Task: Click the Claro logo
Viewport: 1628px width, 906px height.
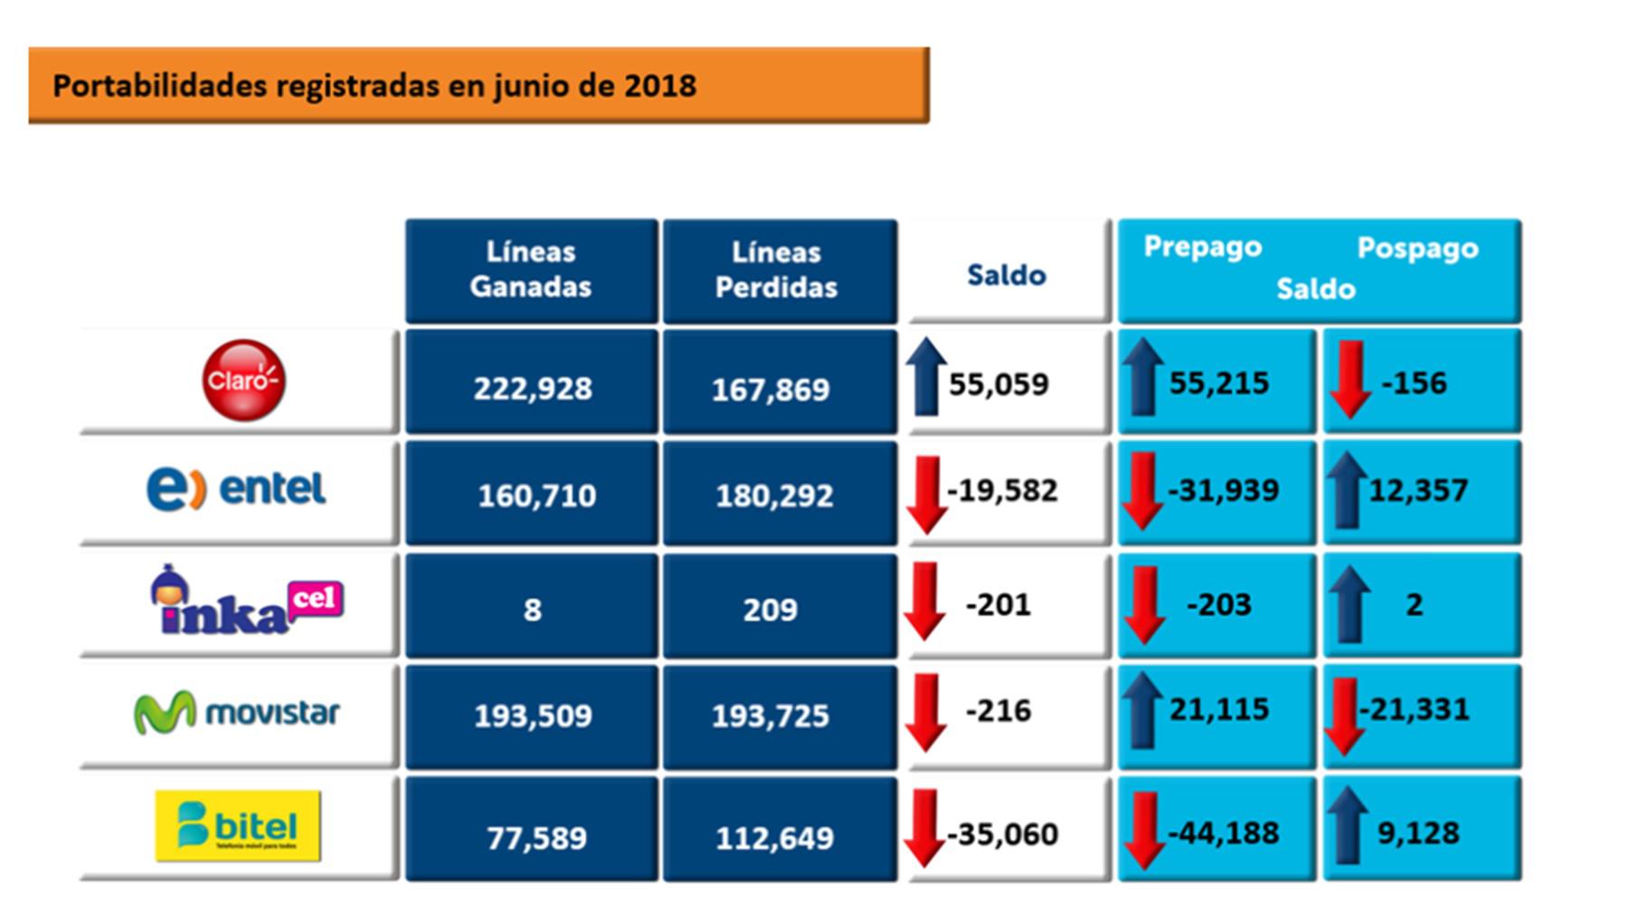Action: pos(242,381)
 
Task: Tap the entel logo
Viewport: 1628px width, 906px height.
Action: pos(237,489)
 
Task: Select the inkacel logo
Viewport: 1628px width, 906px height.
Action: pos(246,601)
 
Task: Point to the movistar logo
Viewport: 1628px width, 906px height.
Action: pos(237,713)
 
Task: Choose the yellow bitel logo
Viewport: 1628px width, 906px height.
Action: pos(238,826)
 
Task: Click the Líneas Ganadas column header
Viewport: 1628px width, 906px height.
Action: pos(531,269)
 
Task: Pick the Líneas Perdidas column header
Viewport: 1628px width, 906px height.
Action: pos(777,269)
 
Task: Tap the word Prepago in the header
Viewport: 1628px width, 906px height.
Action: pos(1202,247)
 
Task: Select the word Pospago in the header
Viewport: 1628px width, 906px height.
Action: pos(1417,248)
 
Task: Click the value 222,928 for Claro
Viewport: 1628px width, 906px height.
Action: pos(533,389)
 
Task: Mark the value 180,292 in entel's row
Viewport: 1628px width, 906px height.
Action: pos(774,495)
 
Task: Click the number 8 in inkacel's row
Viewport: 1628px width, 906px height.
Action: pos(532,609)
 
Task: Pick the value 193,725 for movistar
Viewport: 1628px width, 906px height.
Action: pos(771,716)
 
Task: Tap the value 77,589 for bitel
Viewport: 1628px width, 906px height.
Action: pos(536,838)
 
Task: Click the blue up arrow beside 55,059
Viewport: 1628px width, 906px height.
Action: pos(925,378)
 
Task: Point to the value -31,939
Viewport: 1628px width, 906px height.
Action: pos(1224,491)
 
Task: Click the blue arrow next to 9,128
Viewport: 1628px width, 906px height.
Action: pos(1348,826)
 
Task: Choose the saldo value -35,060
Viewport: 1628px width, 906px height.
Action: pos(1002,834)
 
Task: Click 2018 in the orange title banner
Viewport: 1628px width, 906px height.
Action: pos(660,86)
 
